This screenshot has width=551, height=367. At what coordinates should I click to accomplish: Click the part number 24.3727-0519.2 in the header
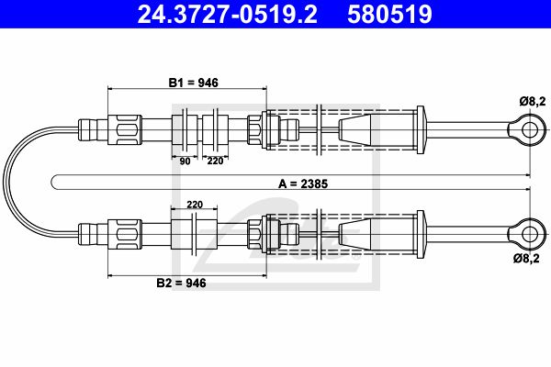coord(228,14)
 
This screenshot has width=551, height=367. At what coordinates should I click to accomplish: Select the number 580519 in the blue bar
coord(389,14)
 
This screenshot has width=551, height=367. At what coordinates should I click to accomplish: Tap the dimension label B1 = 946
coord(193,83)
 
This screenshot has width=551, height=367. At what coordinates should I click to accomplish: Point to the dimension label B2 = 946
coord(181,283)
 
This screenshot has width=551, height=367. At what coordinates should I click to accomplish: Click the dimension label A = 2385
coord(303,183)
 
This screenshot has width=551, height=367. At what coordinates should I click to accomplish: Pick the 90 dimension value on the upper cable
coord(185,161)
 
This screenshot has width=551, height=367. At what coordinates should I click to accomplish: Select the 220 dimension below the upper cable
coord(215,161)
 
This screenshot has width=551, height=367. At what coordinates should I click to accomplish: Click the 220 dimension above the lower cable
coord(195,205)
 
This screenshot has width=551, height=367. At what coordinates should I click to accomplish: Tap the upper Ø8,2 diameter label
coord(533,102)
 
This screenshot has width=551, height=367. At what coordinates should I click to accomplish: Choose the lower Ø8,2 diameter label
coord(526,259)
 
